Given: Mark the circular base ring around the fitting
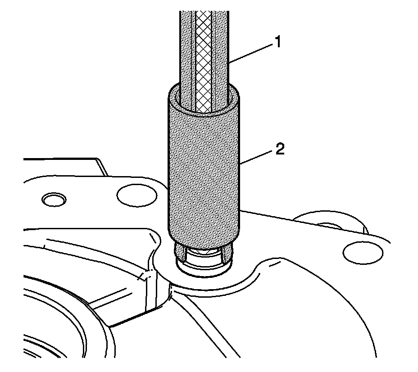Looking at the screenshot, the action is pos(204,270).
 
